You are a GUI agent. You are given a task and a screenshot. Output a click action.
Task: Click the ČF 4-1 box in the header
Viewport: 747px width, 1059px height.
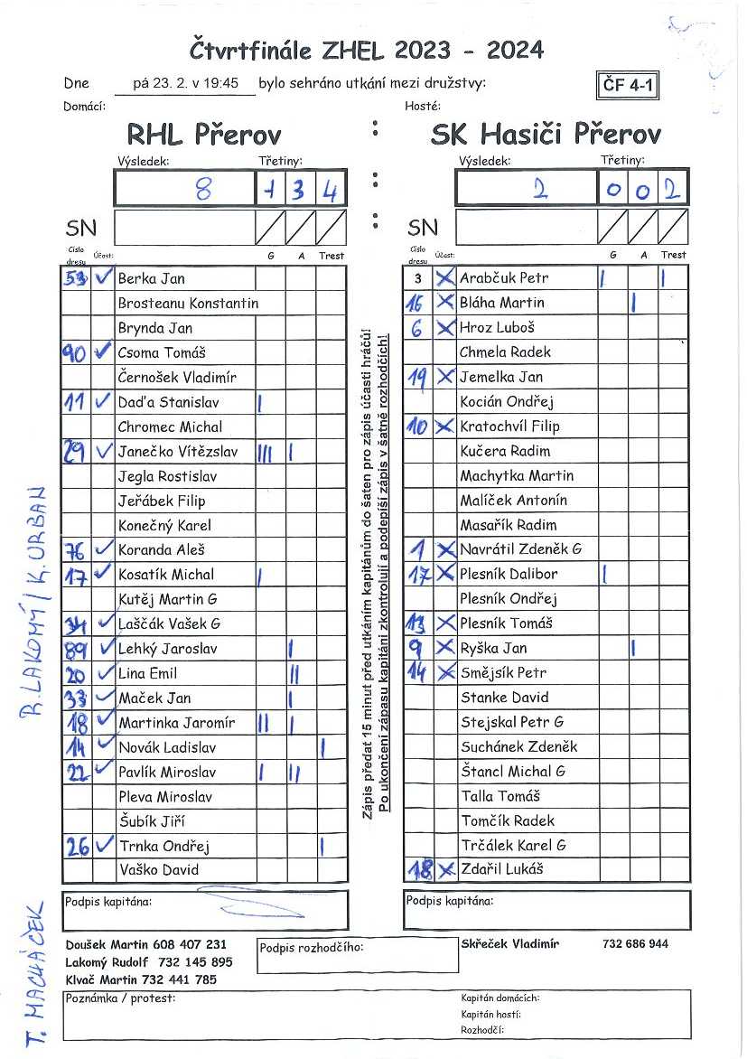click(628, 86)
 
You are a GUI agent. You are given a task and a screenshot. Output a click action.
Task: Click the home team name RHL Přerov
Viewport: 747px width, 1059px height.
click(203, 136)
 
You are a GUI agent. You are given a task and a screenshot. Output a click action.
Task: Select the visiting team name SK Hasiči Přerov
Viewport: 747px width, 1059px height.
click(546, 136)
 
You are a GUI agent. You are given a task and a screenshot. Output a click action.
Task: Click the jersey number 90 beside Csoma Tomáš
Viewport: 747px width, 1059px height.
click(75, 352)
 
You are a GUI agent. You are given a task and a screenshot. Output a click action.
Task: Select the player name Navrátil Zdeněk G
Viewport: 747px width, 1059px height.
click(521, 549)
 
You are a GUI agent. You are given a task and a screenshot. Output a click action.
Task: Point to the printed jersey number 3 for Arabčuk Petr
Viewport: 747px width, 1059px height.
click(417, 278)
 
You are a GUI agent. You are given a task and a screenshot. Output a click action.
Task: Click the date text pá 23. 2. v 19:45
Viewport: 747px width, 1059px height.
click(185, 83)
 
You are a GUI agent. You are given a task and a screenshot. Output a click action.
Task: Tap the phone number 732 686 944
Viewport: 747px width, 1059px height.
click(635, 944)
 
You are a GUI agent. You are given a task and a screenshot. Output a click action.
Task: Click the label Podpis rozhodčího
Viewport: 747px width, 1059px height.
click(311, 948)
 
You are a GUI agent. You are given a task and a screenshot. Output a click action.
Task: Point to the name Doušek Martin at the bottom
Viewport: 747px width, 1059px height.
click(102, 944)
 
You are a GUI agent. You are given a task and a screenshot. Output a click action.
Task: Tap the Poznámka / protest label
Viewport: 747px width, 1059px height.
click(120, 998)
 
